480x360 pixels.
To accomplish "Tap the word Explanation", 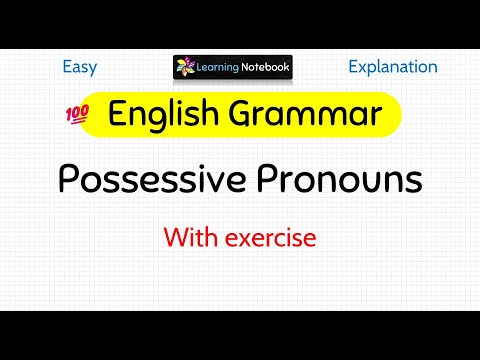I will (392, 67).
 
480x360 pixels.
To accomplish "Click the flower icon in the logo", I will (187, 68).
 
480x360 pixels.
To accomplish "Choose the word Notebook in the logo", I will (266, 68).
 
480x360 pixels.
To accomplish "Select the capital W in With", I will (174, 238).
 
